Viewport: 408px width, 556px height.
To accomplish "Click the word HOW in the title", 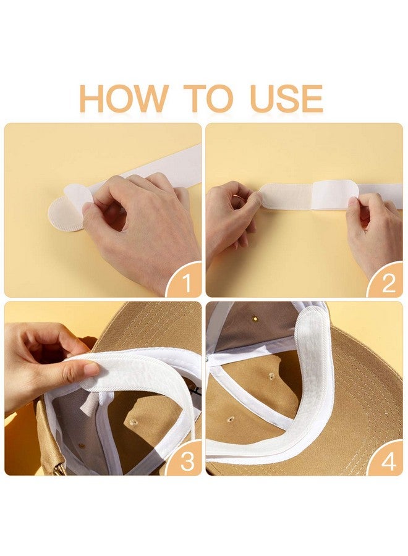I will [123, 99].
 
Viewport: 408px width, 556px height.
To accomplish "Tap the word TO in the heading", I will [208, 99].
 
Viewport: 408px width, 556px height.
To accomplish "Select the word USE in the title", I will [286, 99].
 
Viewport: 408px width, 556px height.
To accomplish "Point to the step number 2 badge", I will [388, 282].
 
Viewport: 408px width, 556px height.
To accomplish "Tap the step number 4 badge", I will [388, 461].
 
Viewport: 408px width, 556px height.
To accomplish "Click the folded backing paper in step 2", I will [334, 195].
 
